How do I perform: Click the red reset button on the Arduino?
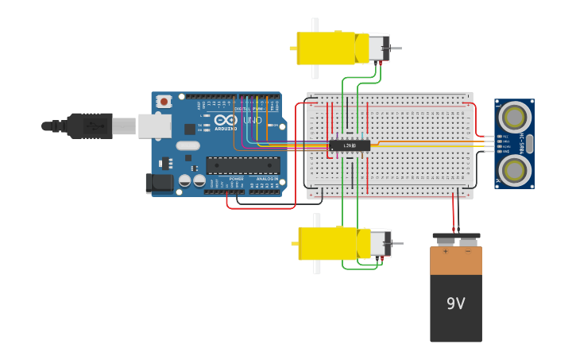pyautogui.click(x=164, y=101)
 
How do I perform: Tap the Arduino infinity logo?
pyautogui.click(x=226, y=119)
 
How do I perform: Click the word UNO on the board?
pyautogui.click(x=252, y=120)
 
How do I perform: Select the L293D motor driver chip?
pyautogui.click(x=350, y=145)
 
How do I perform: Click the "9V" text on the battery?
pyautogui.click(x=455, y=304)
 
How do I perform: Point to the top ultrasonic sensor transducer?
pyautogui.click(x=514, y=118)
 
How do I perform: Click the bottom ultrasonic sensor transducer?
pyautogui.click(x=514, y=168)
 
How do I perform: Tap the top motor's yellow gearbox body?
pyautogui.click(x=326, y=48)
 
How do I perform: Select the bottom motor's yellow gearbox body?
pyautogui.click(x=327, y=243)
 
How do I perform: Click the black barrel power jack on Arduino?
pyautogui.click(x=159, y=184)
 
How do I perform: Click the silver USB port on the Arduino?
pyautogui.click(x=154, y=126)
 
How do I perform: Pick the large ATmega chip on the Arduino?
pyautogui.click(x=243, y=165)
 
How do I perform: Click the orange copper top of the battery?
pyautogui.click(x=456, y=261)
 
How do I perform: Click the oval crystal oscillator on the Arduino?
pyautogui.click(x=187, y=145)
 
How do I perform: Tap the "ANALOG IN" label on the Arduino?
pyautogui.click(x=267, y=179)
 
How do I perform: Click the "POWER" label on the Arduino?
pyautogui.click(x=236, y=179)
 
